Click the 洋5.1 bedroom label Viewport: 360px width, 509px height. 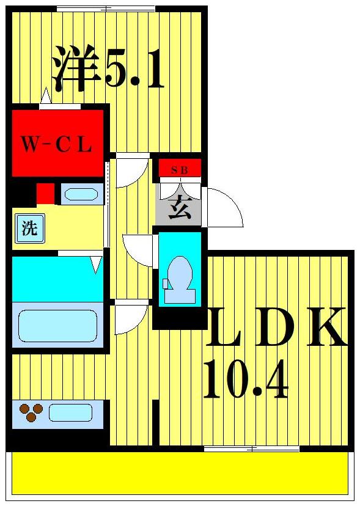(x=108, y=68)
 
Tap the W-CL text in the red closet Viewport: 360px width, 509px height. (x=56, y=145)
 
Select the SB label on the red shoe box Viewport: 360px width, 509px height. (x=180, y=169)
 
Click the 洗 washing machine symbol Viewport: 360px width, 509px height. (x=29, y=229)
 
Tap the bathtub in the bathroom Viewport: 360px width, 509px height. (x=57, y=325)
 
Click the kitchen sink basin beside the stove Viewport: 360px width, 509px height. (x=70, y=412)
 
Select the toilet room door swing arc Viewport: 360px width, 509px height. (x=138, y=250)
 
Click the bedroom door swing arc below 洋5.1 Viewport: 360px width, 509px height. (x=132, y=172)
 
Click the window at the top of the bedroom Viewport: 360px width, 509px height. (x=106, y=9)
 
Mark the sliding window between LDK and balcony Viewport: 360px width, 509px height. (x=251, y=449)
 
